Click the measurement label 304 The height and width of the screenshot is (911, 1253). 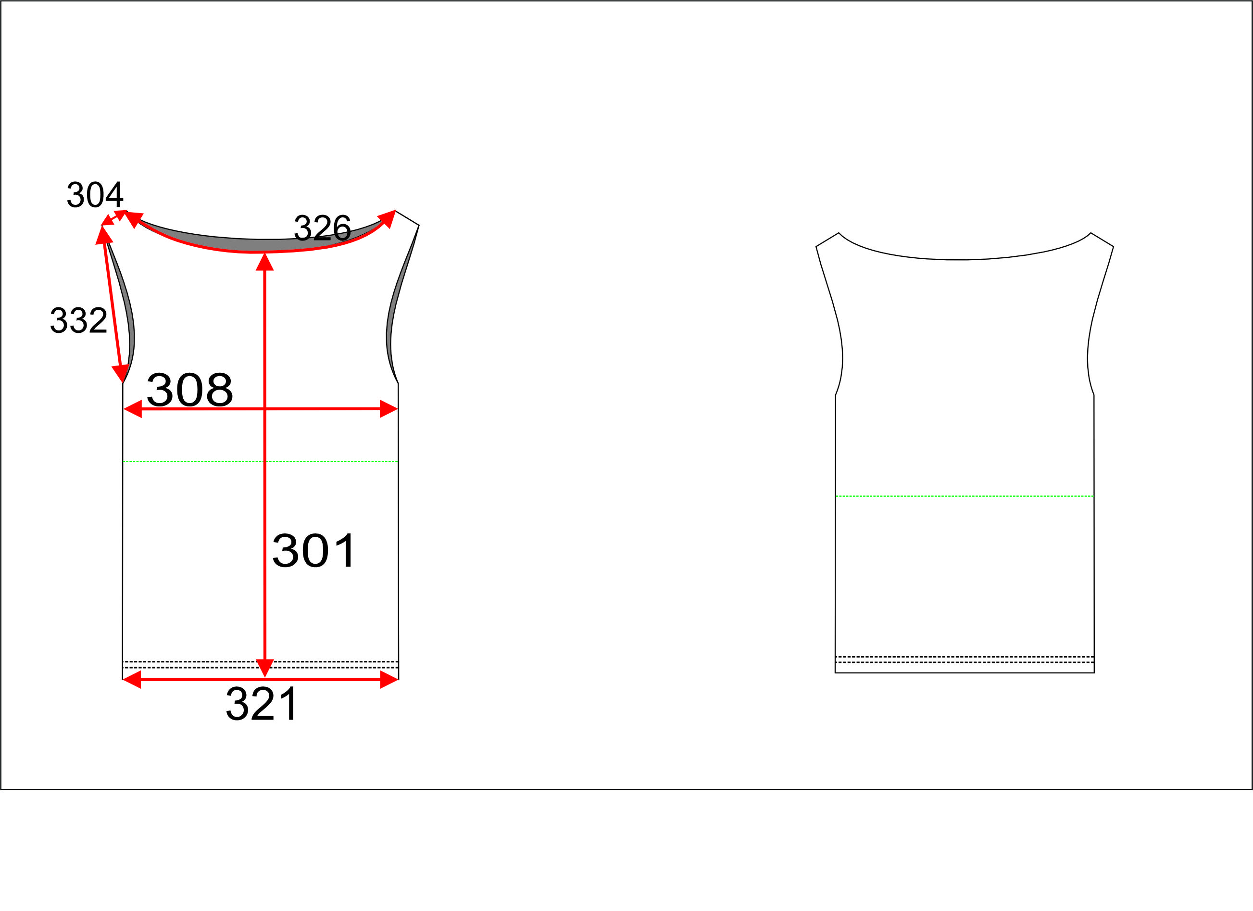click(95, 195)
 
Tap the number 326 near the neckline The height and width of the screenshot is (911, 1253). click(322, 228)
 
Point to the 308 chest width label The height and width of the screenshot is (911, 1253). click(189, 390)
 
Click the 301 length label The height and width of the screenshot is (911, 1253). click(314, 551)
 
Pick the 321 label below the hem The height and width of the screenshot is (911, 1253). click(261, 704)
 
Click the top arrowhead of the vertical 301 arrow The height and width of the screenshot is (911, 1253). click(264, 262)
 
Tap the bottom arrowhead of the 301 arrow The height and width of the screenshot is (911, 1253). click(264, 668)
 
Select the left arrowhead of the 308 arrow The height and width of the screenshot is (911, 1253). click(133, 409)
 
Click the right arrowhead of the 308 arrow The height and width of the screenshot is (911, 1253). click(389, 409)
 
